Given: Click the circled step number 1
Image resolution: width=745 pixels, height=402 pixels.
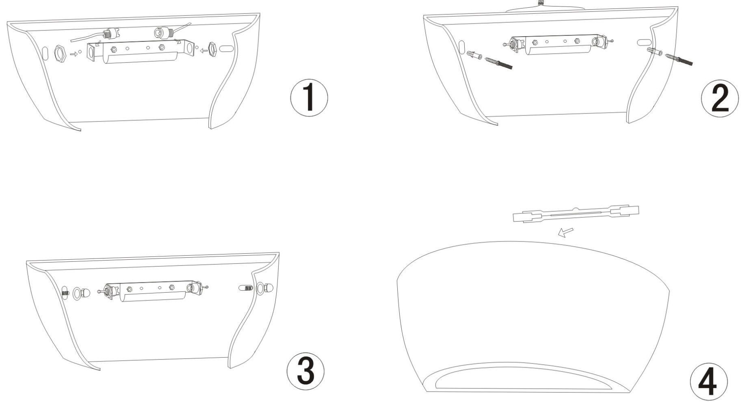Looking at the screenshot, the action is coord(309,98).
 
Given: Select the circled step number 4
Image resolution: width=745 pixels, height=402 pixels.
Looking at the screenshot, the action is coord(709,382).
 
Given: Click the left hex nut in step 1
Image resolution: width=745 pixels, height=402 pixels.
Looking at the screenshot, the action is coord(60,53).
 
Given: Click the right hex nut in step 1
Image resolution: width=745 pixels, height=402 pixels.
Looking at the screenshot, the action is coord(212,49).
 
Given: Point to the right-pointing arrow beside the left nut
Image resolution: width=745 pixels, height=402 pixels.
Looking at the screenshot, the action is coord(74,54).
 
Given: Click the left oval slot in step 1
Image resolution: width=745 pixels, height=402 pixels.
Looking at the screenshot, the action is coord(45,53).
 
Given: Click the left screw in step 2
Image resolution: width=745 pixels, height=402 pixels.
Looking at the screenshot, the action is coord(498,63).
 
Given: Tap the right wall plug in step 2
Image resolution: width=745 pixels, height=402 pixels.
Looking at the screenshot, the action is coord(654,52).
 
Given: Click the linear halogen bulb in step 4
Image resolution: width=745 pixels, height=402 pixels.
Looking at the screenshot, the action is coord(576,213).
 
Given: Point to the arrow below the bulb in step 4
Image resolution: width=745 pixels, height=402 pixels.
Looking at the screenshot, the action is coord(565,233).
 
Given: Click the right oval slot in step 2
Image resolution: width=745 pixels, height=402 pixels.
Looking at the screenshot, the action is coord(644,42).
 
